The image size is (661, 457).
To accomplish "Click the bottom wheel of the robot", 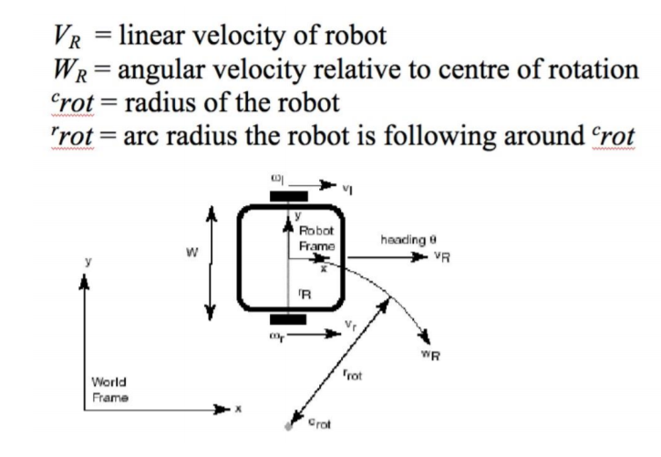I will (x=289, y=320).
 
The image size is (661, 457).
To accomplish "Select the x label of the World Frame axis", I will (x=240, y=410).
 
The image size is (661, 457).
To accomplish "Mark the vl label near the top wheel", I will (x=348, y=189).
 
